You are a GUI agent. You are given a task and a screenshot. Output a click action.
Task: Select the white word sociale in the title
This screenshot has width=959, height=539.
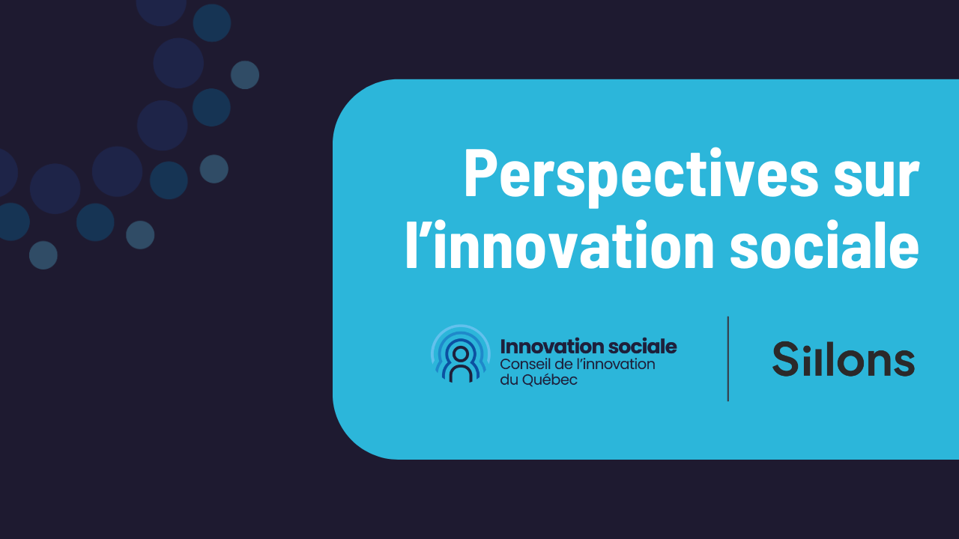pyautogui.click(x=825, y=246)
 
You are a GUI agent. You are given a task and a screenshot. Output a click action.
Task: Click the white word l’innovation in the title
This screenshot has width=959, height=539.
pyautogui.click(x=560, y=246)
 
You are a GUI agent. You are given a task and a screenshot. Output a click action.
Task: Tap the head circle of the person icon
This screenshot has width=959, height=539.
pyautogui.click(x=461, y=354)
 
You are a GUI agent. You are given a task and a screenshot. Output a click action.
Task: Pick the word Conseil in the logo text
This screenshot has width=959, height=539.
pyautogui.click(x=524, y=365)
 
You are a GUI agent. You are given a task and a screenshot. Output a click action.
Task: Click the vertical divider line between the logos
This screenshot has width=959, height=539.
pyautogui.click(x=727, y=359)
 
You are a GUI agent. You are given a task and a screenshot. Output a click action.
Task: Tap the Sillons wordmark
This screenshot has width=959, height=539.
pyautogui.click(x=844, y=359)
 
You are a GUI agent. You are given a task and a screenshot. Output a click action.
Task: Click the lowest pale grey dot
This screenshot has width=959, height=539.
pyautogui.click(x=43, y=255)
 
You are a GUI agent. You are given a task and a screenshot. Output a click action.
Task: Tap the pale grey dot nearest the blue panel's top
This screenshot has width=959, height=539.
pyautogui.click(x=245, y=75)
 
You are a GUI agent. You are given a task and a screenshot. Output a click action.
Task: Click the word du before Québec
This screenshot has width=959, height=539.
pyautogui.click(x=509, y=380)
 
